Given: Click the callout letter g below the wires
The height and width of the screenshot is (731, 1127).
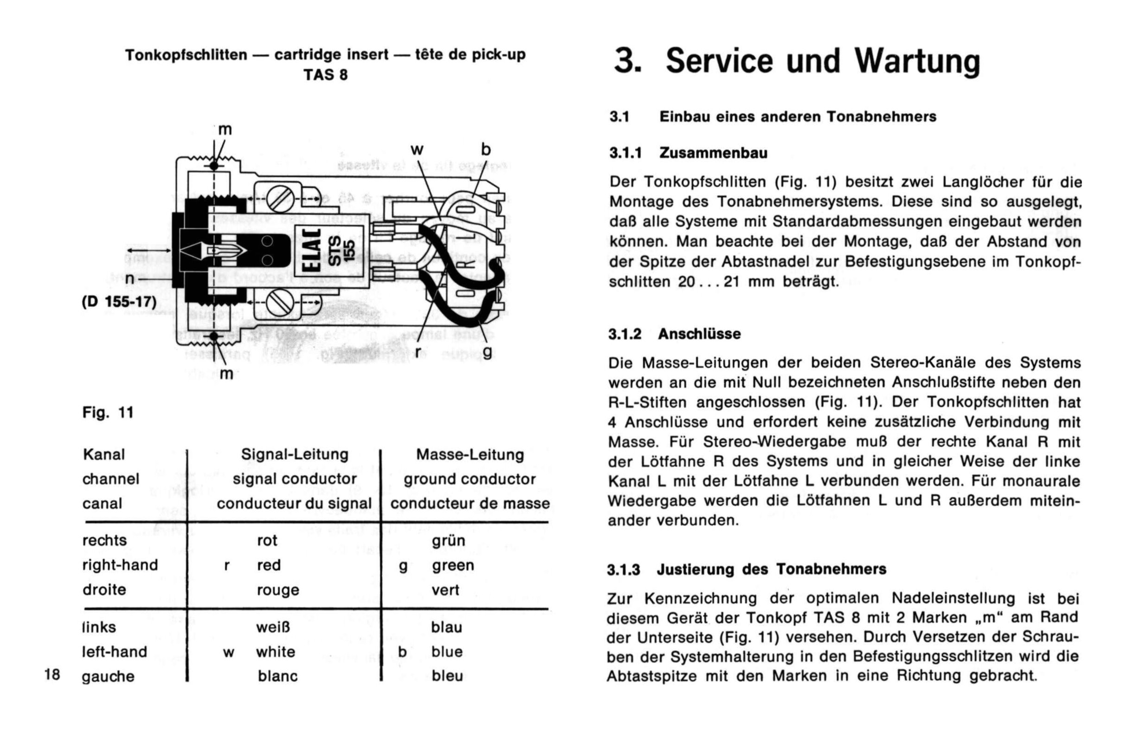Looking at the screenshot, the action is (487, 351).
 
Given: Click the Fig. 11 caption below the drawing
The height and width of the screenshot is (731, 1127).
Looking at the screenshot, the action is (108, 412).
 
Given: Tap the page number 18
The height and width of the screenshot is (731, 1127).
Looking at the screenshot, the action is (52, 673).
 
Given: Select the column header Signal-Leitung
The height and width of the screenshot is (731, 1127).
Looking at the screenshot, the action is (295, 455).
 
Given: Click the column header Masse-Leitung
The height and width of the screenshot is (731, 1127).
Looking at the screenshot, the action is (470, 455).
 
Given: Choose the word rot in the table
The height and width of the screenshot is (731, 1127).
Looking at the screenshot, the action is (267, 541).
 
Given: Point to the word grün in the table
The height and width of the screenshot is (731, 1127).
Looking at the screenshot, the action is (448, 541).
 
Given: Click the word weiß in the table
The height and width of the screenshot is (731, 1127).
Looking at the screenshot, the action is (273, 627).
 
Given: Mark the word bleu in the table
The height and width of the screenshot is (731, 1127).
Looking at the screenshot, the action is (447, 676).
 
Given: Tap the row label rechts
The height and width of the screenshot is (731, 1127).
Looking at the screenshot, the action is (104, 540).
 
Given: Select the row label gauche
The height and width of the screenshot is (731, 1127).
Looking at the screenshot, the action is (108, 677).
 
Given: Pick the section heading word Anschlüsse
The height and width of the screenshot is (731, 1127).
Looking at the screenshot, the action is (699, 334).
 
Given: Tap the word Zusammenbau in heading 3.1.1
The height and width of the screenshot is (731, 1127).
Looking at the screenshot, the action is (713, 153).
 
